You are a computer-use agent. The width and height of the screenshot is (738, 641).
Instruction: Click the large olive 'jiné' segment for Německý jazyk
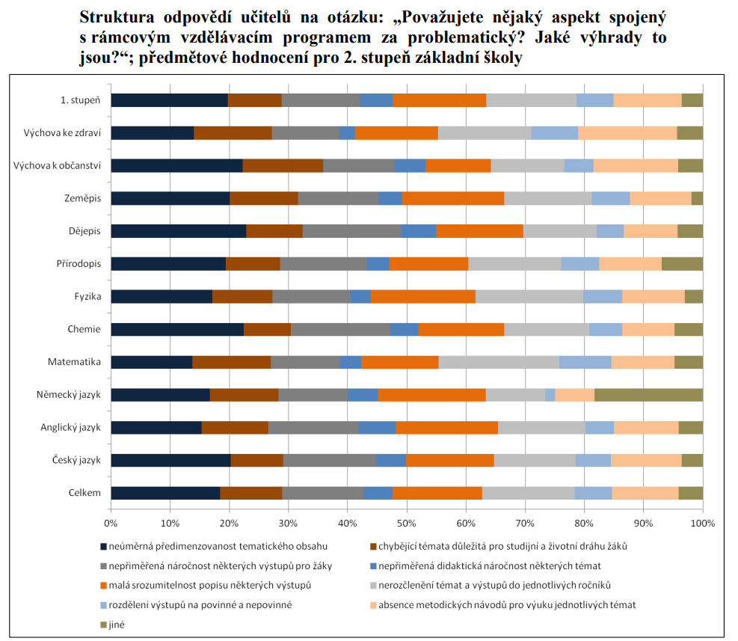[x=648, y=395]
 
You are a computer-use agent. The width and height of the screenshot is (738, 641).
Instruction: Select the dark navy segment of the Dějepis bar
[x=178, y=231]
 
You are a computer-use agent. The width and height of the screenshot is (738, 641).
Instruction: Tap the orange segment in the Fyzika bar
[x=422, y=296]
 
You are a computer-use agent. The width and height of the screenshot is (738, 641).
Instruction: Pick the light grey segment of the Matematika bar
[x=499, y=362]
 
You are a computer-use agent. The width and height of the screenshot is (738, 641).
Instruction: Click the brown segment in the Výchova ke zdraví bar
[x=233, y=133]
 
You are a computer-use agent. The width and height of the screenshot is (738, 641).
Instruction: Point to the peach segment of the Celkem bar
[x=645, y=492]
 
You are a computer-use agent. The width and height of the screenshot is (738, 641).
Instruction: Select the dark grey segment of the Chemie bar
[x=340, y=329]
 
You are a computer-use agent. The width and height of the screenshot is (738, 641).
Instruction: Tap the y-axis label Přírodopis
[x=79, y=264]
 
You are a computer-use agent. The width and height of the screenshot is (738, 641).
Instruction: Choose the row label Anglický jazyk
[x=71, y=427]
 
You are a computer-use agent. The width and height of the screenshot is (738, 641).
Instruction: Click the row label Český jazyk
[x=76, y=460]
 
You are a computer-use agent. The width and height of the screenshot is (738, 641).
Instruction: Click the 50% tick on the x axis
[x=407, y=522]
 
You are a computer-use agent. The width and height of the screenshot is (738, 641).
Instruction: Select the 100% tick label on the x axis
[x=702, y=522]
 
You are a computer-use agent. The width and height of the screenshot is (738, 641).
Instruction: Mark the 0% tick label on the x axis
[x=111, y=522]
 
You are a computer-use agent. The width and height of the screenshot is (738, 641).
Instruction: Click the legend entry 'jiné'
[x=117, y=624]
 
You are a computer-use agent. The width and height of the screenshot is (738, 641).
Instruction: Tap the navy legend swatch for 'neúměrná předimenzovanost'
[x=104, y=546]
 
